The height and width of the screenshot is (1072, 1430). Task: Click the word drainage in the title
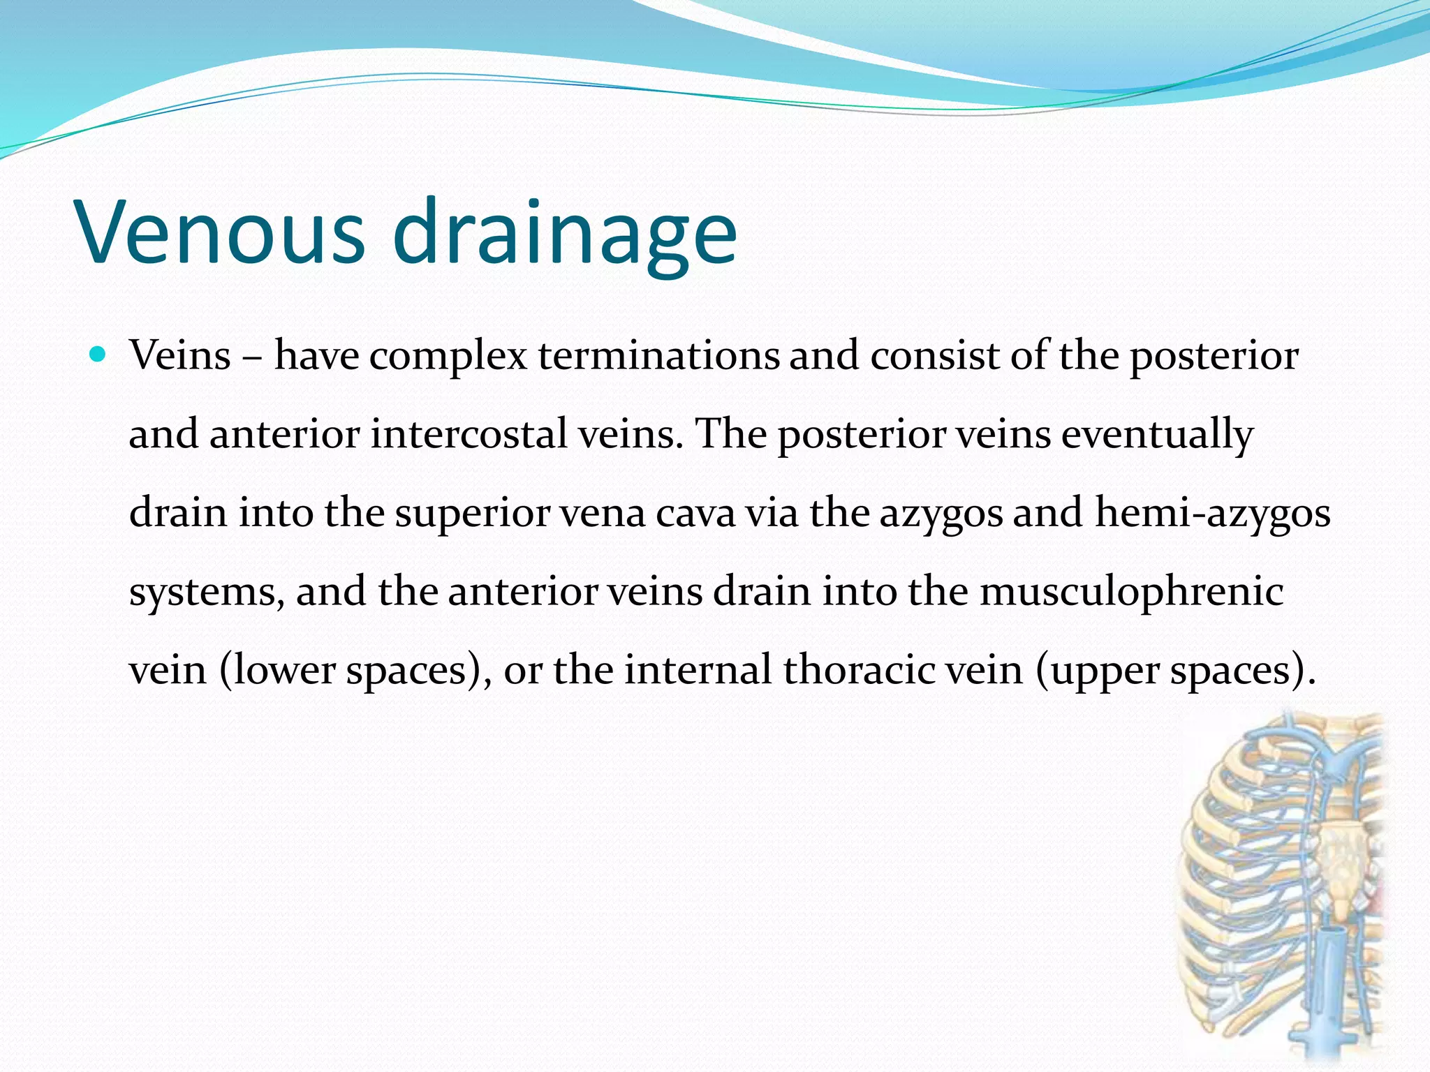pyautogui.click(x=564, y=234)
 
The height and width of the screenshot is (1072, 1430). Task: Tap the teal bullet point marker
pyautogui.click(x=98, y=355)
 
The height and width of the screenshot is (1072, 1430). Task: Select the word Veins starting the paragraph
pyautogui.click(x=180, y=356)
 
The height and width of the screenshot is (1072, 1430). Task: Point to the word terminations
pyautogui.click(x=658, y=356)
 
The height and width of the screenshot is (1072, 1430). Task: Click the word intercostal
pyautogui.click(x=469, y=434)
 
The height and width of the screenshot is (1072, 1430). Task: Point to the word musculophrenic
pyautogui.click(x=1131, y=592)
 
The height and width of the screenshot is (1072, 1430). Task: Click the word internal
pyautogui.click(x=698, y=670)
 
